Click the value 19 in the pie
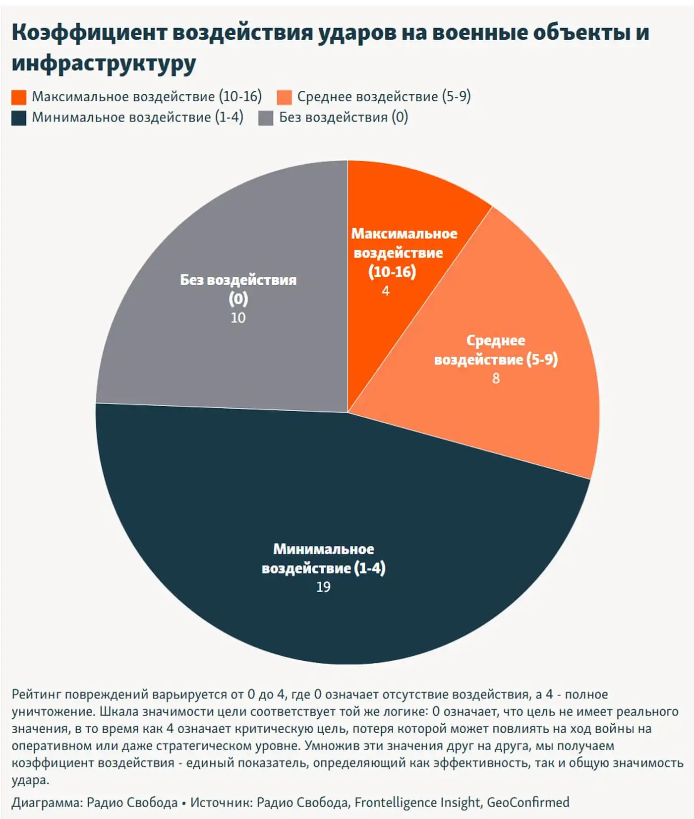click(x=323, y=587)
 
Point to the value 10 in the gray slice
click(x=238, y=318)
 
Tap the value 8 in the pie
click(x=496, y=378)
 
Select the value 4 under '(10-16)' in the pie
click(x=386, y=291)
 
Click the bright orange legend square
click(x=19, y=97)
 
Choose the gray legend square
click(x=266, y=118)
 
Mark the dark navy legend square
click(x=19, y=118)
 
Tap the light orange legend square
click(x=284, y=97)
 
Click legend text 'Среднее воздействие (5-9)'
click(x=384, y=96)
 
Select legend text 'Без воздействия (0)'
click(x=344, y=118)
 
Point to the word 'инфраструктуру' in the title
click(x=104, y=63)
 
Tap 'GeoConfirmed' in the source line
click(x=528, y=802)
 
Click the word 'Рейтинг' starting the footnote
click(x=36, y=694)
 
